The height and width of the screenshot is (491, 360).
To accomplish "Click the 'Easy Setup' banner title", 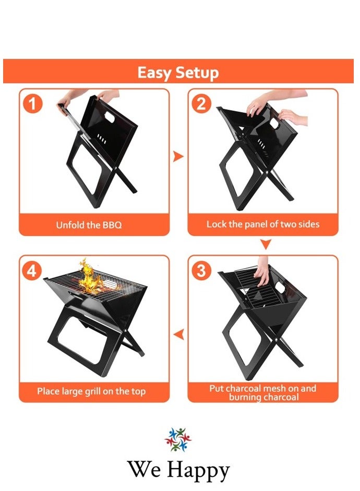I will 178,72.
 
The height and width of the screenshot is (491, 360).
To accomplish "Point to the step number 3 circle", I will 201,271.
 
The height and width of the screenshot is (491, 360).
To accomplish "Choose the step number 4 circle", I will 33,271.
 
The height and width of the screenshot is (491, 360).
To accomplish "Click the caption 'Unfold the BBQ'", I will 89,225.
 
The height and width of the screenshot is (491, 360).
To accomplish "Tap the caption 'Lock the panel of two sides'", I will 263,224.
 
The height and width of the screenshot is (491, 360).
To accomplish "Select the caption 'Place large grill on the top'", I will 91,391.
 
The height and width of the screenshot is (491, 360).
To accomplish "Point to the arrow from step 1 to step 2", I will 178,156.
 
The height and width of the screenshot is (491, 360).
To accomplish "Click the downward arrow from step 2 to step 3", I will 266,244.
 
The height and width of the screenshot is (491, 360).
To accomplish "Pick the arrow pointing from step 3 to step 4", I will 178,334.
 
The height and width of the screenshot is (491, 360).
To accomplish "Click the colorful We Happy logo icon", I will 178,439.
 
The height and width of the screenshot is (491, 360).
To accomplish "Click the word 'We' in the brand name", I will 143,469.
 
